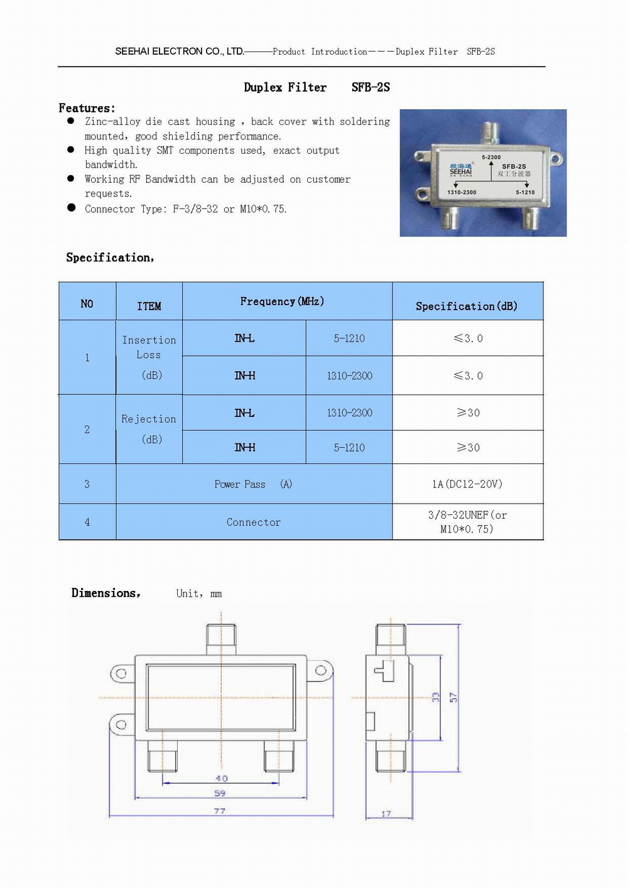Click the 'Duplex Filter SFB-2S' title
click(x=317, y=87)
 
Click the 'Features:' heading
click(x=87, y=108)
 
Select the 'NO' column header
click(x=87, y=304)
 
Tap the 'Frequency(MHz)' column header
click(x=282, y=301)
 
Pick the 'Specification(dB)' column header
click(x=467, y=306)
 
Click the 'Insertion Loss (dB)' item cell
click(x=149, y=357)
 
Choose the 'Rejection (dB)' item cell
click(x=149, y=429)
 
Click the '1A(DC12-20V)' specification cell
click(x=467, y=484)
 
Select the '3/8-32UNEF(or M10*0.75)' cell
click(x=467, y=522)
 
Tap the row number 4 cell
click(x=87, y=522)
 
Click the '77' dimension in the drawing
click(x=219, y=811)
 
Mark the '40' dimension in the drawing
click(x=221, y=778)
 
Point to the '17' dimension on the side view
click(x=386, y=814)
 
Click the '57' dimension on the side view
click(x=453, y=697)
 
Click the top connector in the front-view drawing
click(x=221, y=639)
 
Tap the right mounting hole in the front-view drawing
click(x=320, y=671)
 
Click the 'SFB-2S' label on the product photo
click(x=514, y=166)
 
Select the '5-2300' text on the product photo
click(x=491, y=157)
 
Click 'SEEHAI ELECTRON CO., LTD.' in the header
click(x=180, y=51)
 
